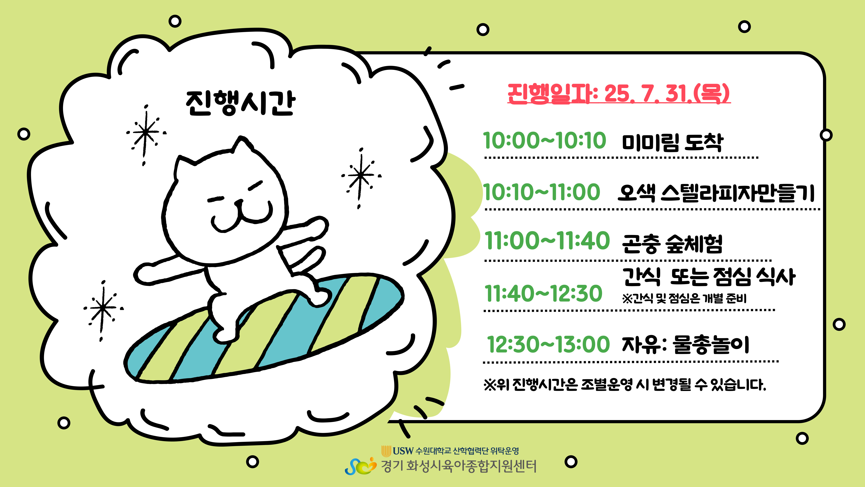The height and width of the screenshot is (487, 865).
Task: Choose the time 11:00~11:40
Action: pos(547,241)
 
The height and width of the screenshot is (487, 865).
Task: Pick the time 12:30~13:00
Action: pos(548,344)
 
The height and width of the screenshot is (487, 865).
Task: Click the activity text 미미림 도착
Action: pos(673,143)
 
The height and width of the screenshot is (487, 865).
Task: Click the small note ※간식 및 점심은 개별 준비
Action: pos(684,298)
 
